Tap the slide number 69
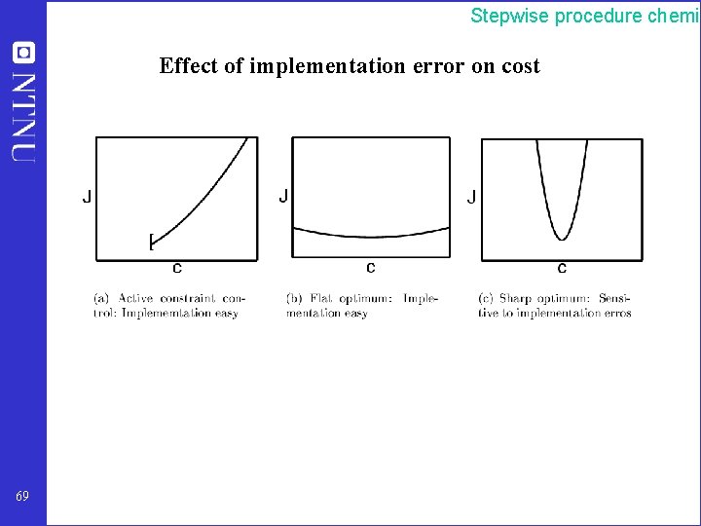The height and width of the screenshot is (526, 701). tap(22, 496)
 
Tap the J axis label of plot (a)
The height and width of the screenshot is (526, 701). tap(87, 197)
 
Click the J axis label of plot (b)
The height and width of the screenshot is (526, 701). tap(283, 197)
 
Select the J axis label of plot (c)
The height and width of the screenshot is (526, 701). tap(472, 197)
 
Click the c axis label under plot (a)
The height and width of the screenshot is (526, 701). tap(176, 267)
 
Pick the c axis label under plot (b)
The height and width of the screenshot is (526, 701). tap(370, 267)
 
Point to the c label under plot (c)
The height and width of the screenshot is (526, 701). tap(562, 267)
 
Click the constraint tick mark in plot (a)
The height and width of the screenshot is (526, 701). tap(151, 241)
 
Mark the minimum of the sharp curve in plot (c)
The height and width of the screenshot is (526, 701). tap(562, 238)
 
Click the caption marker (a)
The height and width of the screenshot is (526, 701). tap(100, 298)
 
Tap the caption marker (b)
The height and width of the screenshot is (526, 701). tap(293, 298)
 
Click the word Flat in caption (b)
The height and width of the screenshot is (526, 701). tap(321, 298)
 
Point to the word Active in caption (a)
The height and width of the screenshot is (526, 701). tap(135, 298)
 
